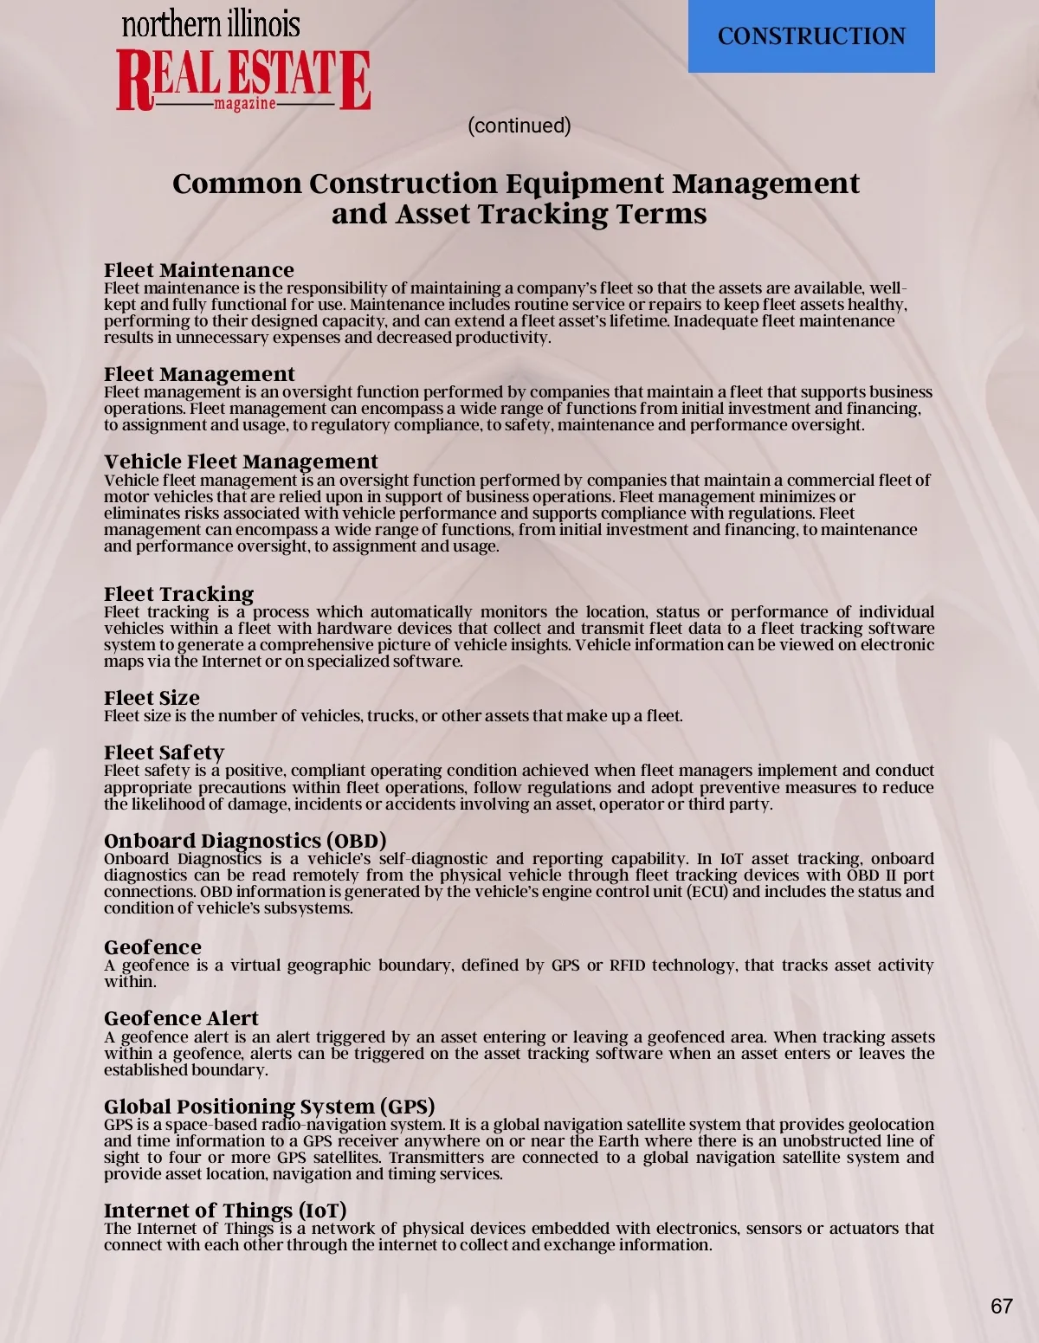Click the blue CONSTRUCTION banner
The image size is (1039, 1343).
(811, 36)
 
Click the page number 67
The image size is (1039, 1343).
(1001, 1306)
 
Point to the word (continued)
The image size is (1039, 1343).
(519, 126)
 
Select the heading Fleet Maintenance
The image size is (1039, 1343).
(199, 270)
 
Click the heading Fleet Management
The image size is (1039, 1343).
(199, 374)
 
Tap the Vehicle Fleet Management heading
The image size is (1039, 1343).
(241, 462)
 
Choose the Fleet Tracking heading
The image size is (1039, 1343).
(178, 594)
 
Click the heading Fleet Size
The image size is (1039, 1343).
(152, 698)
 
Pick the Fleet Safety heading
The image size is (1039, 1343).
(164, 752)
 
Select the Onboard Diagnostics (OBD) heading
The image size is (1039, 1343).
(245, 841)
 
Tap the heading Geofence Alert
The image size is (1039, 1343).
(181, 1018)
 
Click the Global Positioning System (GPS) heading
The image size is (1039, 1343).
(269, 1107)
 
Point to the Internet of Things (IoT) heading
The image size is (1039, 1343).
(225, 1211)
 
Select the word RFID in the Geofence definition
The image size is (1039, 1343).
(627, 965)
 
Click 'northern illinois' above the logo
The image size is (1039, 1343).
(210, 23)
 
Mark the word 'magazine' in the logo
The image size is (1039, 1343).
(245, 104)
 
